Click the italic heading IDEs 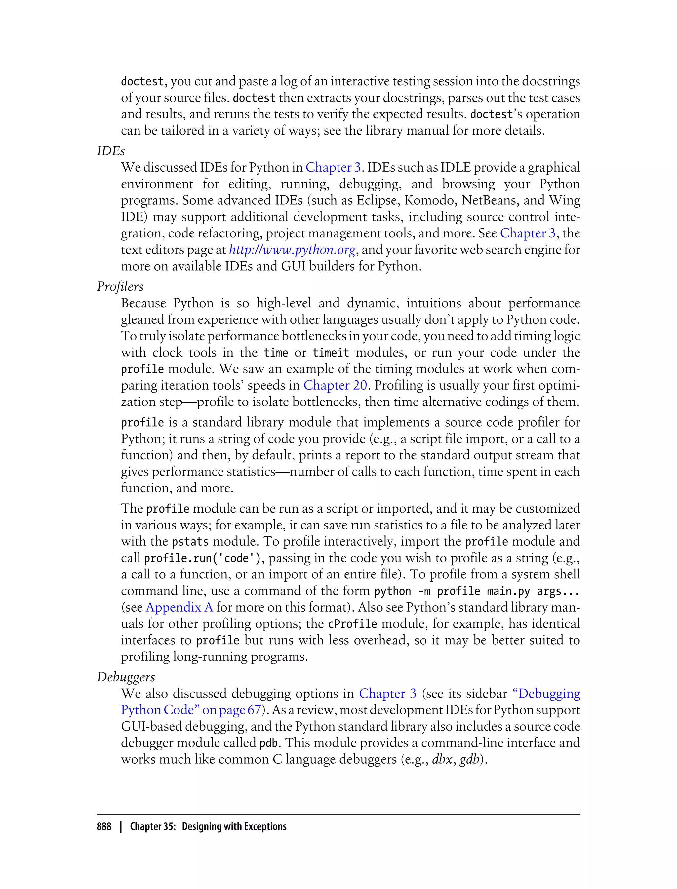point(111,151)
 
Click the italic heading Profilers point(120,287)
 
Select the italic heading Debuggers point(126,677)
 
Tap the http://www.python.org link point(292,250)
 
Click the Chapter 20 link point(335,385)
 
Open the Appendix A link point(179,607)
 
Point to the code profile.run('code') point(204,558)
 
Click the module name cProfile point(352,624)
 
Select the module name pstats point(190,542)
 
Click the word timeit point(331,353)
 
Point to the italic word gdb point(469,760)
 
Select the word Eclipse point(377,200)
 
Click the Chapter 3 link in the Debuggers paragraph point(387,694)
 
